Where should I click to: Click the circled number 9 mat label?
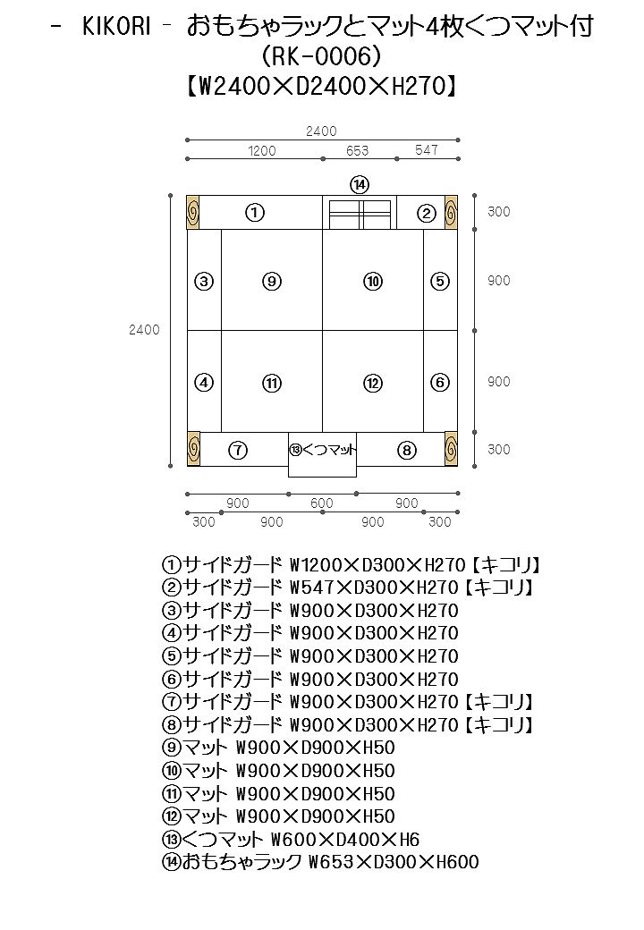click(273, 281)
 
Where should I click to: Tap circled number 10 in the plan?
click(373, 281)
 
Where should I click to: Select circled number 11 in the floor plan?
click(273, 383)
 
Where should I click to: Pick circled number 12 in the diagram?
click(373, 383)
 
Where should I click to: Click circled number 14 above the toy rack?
click(360, 184)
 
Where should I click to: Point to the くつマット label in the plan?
click(323, 450)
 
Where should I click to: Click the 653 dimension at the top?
click(358, 151)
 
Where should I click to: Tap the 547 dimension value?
click(427, 150)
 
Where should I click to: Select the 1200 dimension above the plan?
click(262, 151)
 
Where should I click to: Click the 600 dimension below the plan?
click(322, 503)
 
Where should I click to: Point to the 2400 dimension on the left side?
click(144, 330)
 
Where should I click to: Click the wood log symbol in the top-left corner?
click(192, 213)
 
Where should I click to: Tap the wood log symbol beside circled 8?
click(451, 449)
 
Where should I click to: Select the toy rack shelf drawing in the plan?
click(360, 215)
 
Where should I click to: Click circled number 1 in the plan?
click(255, 213)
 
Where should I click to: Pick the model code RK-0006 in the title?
click(322, 56)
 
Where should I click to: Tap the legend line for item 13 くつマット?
click(291, 840)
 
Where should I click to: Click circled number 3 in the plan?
click(204, 281)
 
